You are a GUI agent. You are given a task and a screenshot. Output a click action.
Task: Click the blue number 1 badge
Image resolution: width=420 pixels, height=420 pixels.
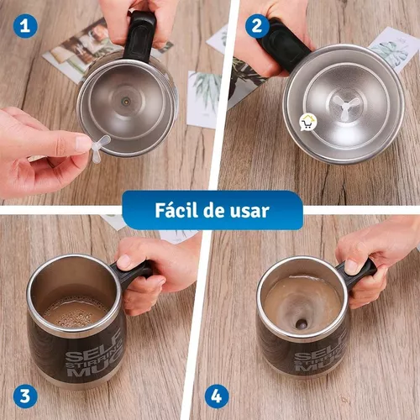pos(26,25)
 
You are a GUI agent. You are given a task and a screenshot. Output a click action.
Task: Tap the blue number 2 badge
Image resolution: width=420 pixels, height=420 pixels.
pos(256,25)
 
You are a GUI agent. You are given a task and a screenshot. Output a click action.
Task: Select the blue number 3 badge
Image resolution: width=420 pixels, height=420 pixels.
pos(25,393)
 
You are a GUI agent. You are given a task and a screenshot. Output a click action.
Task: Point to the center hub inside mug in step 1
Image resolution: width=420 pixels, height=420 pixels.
pos(126,98)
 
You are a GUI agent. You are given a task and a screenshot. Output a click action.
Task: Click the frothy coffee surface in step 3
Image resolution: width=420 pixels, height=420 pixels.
pos(76,312)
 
